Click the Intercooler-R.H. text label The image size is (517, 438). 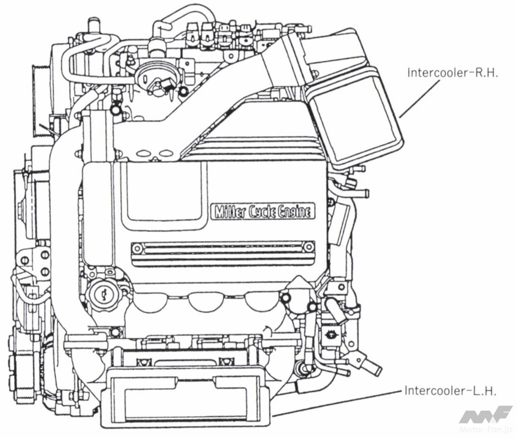[452, 73]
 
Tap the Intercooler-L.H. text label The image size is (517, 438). [450, 391]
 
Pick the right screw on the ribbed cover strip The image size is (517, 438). [309, 246]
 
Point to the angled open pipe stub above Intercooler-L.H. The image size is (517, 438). [370, 366]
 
